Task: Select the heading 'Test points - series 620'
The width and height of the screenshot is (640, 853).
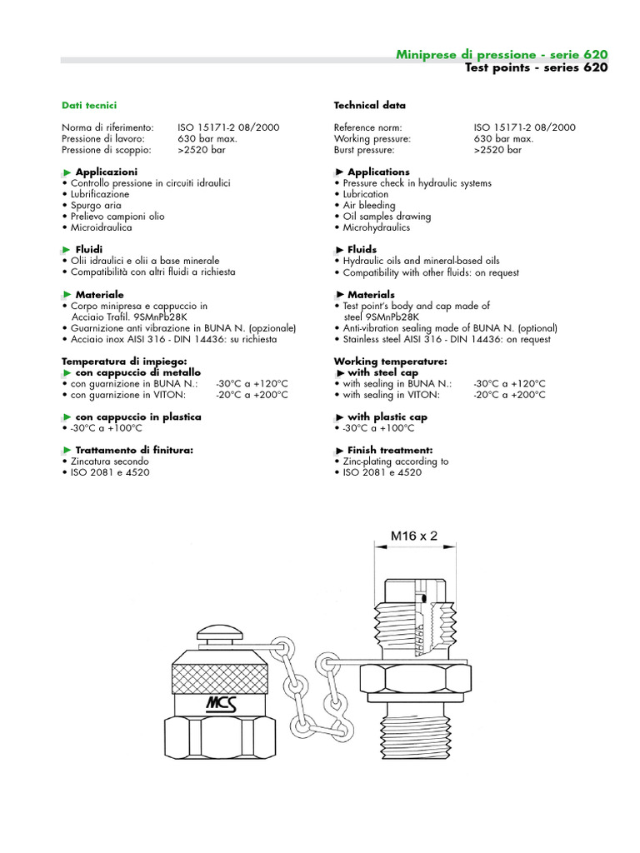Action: point(536,67)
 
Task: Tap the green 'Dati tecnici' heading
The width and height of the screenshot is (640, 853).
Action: point(89,106)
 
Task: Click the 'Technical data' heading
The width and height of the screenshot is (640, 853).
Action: point(369,106)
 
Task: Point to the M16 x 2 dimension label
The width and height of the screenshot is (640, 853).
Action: point(414,536)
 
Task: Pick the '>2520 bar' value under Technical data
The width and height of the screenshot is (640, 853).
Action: point(497,151)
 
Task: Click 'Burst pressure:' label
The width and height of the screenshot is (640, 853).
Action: point(368,151)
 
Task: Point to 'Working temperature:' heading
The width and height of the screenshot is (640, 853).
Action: point(390,362)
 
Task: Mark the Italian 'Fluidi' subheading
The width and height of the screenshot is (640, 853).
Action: point(88,249)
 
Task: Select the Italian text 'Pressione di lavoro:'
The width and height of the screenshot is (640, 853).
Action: point(103,138)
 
